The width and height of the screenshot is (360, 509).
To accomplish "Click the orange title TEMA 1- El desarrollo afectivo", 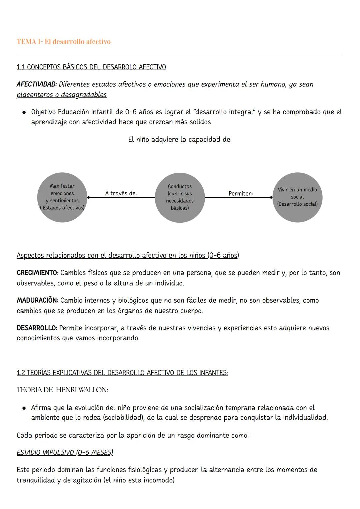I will [63, 42].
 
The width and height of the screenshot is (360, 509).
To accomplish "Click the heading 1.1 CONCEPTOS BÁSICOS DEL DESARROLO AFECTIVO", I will [91, 67].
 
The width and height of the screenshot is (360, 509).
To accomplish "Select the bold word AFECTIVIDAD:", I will [37, 84].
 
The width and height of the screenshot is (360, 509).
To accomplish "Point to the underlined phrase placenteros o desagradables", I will [62, 95].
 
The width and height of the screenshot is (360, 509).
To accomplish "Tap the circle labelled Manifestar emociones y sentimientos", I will [62, 197].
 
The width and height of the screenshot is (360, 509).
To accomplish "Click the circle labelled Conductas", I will [180, 197].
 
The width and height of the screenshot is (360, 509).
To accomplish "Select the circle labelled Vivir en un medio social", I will [297, 197].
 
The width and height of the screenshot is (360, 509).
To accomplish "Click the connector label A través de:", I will [121, 193].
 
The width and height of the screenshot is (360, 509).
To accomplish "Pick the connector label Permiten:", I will [241, 193].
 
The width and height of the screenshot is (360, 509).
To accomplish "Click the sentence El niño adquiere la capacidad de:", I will [180, 139].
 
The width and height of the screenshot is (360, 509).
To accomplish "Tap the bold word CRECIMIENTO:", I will [37, 273].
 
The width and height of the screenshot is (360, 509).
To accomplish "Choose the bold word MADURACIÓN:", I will [37, 300].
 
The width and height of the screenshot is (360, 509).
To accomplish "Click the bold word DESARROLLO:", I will [37, 328].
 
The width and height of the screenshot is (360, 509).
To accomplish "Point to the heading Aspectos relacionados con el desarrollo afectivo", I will [128, 256].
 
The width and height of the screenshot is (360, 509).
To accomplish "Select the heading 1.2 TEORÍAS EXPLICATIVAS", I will [122, 373].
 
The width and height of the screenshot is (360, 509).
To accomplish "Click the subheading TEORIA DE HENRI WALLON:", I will [62, 390].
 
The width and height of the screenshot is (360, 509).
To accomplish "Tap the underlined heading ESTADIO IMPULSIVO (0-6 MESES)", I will [65, 453].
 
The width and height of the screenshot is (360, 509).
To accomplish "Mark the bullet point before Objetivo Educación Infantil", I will [24, 112].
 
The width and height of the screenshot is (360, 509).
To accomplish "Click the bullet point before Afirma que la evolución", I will [24, 408].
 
